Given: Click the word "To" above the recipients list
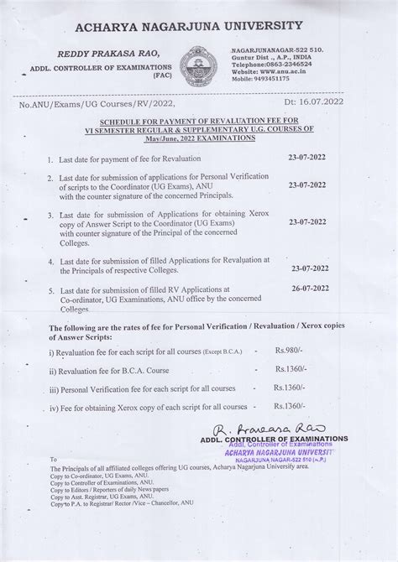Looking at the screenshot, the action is pos(55,460).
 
